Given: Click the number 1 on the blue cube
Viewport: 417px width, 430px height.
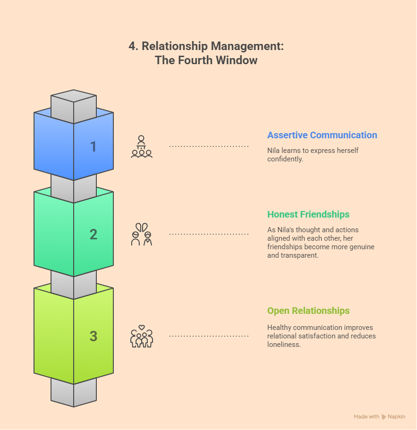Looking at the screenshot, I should click(94, 147).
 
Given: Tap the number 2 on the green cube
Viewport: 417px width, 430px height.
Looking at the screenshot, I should click(94, 234).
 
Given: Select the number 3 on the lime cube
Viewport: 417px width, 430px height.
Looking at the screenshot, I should click(94, 336).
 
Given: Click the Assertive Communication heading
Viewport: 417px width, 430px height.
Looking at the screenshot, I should click(322, 135).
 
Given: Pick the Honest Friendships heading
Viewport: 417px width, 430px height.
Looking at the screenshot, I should click(308, 214).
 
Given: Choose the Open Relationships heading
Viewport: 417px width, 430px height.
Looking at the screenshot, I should click(308, 311).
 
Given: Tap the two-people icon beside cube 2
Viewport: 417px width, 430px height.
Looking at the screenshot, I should click(142, 234).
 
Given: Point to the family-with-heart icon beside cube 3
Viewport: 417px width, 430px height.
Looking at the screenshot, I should click(142, 336).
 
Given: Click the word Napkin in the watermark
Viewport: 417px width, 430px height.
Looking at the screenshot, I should click(397, 417).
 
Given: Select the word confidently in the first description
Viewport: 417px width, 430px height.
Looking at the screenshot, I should click(285, 159).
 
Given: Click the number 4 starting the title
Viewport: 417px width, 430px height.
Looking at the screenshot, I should click(132, 46).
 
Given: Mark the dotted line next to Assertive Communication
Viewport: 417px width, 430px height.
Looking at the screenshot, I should click(209, 147).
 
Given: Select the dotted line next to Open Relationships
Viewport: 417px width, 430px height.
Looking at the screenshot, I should click(209, 336).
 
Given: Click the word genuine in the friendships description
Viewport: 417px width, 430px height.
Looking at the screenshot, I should click(360, 247).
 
